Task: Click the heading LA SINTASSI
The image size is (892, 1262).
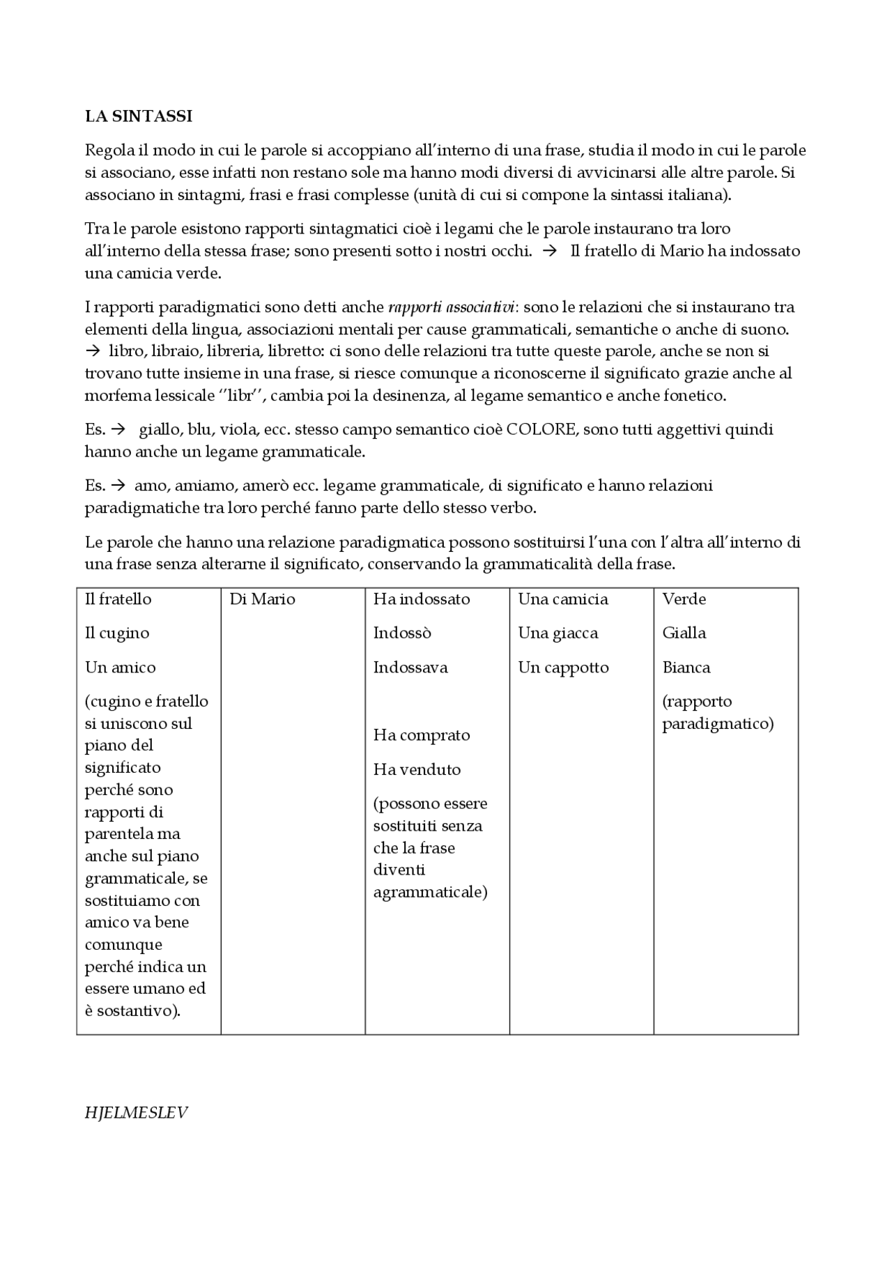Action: [x=138, y=116]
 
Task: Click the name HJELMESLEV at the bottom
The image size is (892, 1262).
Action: [x=136, y=1112]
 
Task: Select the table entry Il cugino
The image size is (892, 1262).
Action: [x=116, y=633]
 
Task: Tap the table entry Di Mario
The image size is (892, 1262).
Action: [x=262, y=599]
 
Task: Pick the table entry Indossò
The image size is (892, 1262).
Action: [x=402, y=633]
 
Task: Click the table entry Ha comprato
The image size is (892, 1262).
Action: [x=421, y=734]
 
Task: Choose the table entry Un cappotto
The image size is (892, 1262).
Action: [x=563, y=667]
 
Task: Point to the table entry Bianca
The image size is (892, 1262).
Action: [x=686, y=667]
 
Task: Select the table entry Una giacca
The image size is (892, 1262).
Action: [x=557, y=633]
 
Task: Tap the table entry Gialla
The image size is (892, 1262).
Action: [x=684, y=633]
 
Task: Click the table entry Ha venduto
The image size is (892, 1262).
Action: [x=417, y=769]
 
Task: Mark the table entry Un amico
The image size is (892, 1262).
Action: [x=120, y=667]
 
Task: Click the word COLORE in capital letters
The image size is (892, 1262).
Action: [x=541, y=429]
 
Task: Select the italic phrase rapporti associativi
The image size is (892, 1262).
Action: [x=451, y=307]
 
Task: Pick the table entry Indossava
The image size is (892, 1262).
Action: [x=410, y=667]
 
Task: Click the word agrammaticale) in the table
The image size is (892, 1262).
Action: [x=430, y=892]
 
